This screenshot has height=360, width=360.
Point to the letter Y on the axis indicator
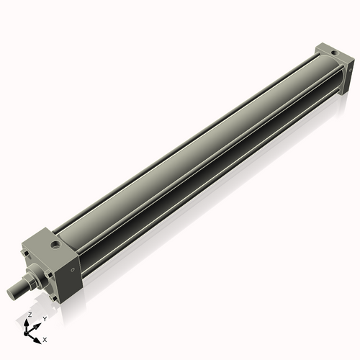click(45, 318)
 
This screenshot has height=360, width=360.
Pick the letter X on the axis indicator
click(45, 338)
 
